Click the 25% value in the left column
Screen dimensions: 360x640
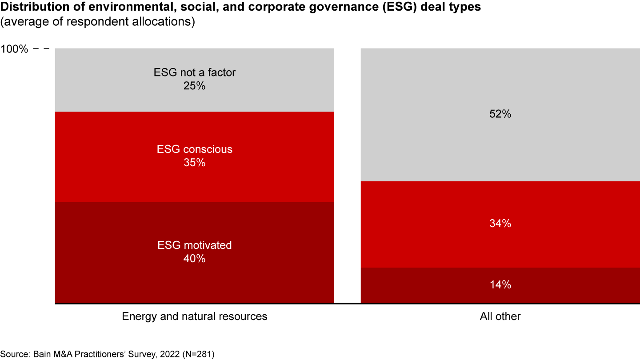(194, 86)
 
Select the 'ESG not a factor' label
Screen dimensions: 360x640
(194, 72)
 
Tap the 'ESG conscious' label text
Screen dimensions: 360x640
(194, 149)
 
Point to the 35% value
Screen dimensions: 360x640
(194, 163)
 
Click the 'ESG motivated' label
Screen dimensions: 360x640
(194, 245)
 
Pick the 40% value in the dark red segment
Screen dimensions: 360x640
(194, 259)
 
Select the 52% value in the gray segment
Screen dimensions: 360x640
(500, 114)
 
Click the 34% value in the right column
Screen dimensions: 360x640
(500, 224)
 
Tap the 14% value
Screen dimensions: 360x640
(500, 285)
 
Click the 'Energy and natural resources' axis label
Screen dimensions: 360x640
(194, 316)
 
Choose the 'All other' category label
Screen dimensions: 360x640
(500, 316)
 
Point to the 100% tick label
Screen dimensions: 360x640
(14, 49)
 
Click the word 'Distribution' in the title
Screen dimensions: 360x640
(28, 8)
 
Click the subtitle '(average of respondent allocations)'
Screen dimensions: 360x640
(98, 22)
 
